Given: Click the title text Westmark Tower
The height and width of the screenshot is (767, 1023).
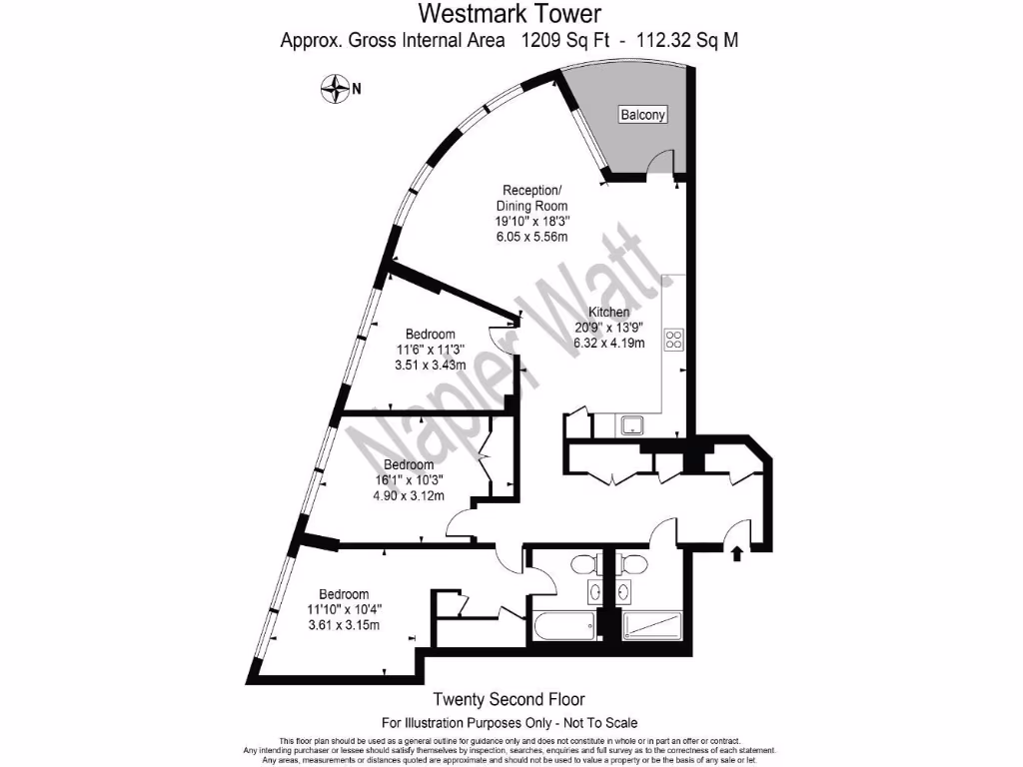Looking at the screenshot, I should pyautogui.click(x=510, y=14).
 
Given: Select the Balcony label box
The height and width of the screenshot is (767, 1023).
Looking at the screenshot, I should pyautogui.click(x=643, y=115).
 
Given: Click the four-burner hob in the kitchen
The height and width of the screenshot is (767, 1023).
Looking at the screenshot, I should pyautogui.click(x=673, y=339).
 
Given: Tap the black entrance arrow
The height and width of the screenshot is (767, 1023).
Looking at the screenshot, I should pyautogui.click(x=738, y=551).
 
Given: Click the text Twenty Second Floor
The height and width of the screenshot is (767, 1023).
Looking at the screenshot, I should pyautogui.click(x=510, y=700).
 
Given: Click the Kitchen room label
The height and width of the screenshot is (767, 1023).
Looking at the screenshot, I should pyautogui.click(x=608, y=313).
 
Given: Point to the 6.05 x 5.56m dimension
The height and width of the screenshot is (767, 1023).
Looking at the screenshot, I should pyautogui.click(x=532, y=237).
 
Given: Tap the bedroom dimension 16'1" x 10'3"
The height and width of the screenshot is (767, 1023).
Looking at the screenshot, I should pyautogui.click(x=409, y=479).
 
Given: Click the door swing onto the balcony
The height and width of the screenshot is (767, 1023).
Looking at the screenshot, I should pyautogui.click(x=658, y=164).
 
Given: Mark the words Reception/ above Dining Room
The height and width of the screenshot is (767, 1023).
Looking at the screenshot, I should pyautogui.click(x=532, y=191).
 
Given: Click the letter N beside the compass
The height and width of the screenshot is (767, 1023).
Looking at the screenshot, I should pyautogui.click(x=356, y=89).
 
